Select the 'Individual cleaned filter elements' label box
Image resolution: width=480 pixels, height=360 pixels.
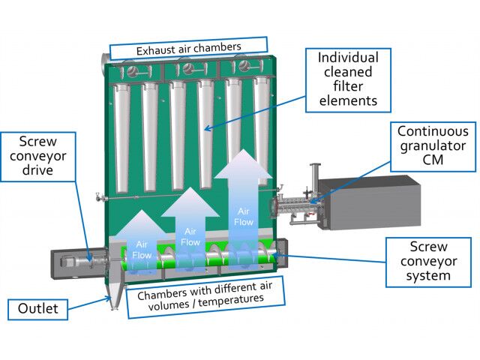(x=348, y=79)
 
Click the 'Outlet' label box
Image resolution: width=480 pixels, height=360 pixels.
(x=37, y=308)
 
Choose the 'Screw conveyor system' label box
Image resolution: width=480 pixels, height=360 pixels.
(x=430, y=261)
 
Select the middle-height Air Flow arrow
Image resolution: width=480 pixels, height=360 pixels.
(x=190, y=225)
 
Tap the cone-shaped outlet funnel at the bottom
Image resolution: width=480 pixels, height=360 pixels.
(x=114, y=294)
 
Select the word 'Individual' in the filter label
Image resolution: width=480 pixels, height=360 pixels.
(x=348, y=58)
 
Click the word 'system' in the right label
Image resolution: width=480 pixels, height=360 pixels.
(x=430, y=275)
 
